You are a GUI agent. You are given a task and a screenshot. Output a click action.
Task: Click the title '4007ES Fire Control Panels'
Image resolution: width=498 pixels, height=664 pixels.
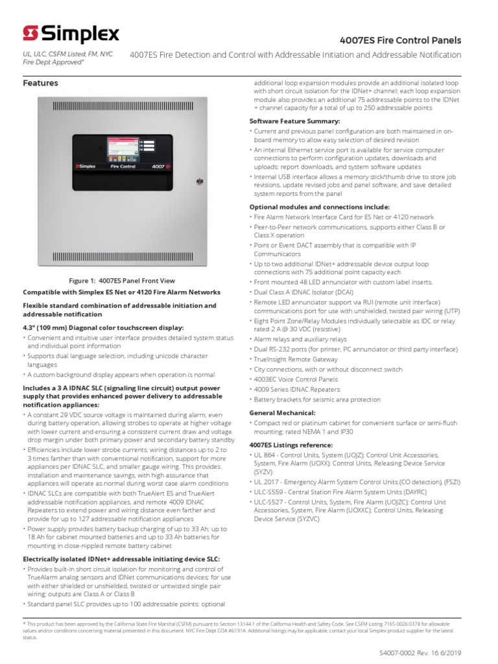point(410,40)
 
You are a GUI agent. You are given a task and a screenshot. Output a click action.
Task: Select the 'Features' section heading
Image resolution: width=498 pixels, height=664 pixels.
point(40,83)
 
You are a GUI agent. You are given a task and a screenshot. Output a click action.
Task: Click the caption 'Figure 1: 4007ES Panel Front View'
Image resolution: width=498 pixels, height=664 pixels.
point(122,281)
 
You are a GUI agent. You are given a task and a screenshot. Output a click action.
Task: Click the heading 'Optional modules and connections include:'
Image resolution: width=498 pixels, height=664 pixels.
point(319,207)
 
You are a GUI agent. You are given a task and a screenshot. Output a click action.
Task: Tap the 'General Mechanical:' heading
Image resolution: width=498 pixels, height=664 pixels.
point(283,412)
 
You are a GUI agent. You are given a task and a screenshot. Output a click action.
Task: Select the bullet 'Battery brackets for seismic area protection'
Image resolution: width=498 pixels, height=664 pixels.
point(318,400)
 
